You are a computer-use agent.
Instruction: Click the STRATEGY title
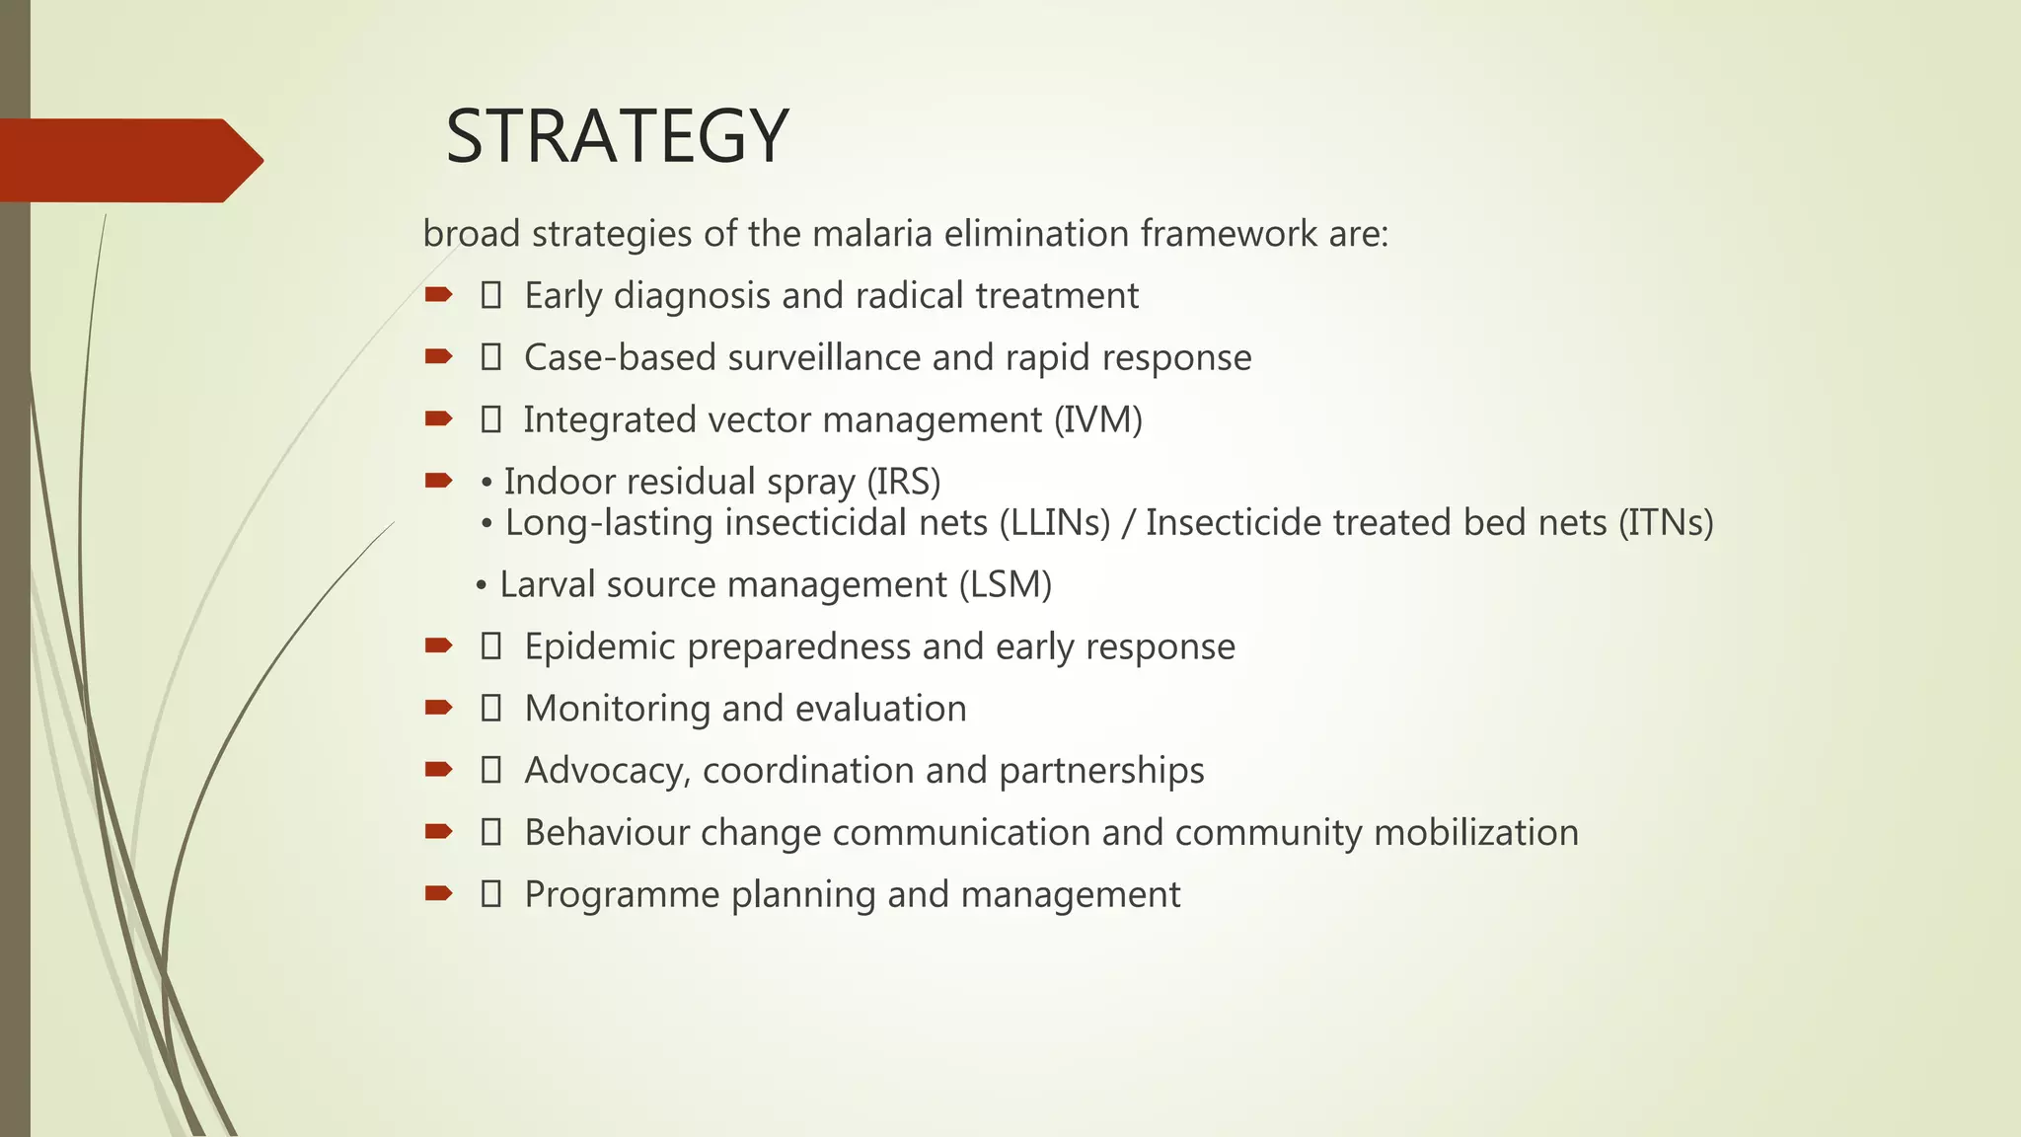[617, 136]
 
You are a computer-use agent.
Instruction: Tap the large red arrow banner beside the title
[128, 160]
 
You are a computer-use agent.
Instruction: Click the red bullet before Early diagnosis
[438, 294]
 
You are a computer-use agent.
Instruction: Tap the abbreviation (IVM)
[1097, 420]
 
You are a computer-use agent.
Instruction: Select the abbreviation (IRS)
[903, 483]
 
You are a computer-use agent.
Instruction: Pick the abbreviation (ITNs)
[1665, 523]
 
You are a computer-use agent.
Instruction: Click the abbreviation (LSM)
[1005, 585]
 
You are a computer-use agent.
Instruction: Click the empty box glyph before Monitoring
[490, 709]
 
